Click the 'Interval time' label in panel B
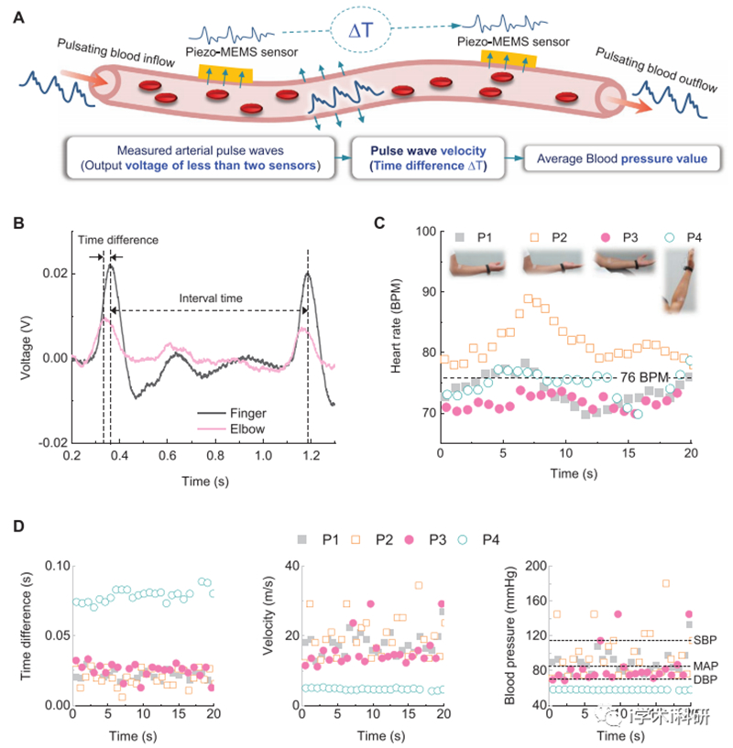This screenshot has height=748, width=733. pyautogui.click(x=206, y=298)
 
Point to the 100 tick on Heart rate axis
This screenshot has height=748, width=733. pyautogui.click(x=422, y=232)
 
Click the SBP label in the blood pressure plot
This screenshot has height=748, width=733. pyautogui.click(x=706, y=639)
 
